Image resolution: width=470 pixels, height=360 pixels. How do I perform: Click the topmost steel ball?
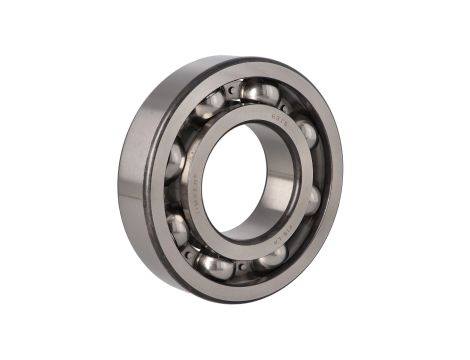coord(258,93)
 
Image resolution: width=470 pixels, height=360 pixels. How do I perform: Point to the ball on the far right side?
coord(312,198)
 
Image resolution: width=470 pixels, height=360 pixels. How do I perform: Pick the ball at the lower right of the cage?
coord(270,259)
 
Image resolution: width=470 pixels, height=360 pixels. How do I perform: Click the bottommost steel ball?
coord(217,266)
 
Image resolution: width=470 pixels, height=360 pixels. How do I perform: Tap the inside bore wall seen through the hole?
coord(272,180)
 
